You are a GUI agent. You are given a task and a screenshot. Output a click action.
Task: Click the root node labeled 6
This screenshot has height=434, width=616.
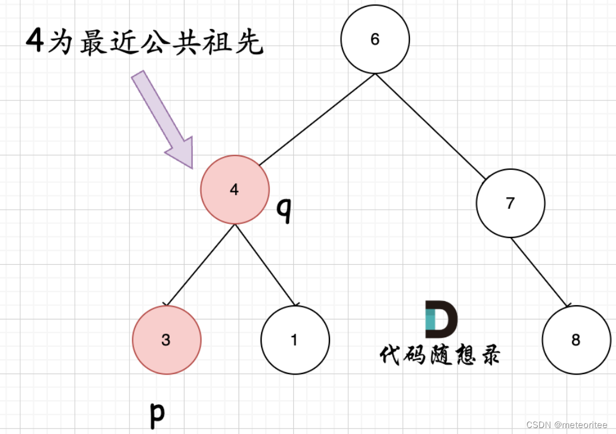pyautogui.click(x=375, y=39)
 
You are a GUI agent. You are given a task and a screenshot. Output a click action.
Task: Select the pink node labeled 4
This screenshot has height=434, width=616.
pyautogui.click(x=235, y=190)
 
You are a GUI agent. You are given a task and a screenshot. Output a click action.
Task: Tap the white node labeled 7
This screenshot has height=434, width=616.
pyautogui.click(x=510, y=203)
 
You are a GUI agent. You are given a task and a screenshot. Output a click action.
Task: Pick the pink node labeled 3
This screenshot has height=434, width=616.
pyautogui.click(x=167, y=340)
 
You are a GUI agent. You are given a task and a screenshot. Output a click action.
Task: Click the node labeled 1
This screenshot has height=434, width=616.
pyautogui.click(x=295, y=340)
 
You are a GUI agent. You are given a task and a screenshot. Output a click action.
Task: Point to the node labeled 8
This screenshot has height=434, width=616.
pyautogui.click(x=576, y=340)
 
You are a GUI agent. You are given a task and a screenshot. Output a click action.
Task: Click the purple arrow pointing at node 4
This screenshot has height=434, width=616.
pyautogui.click(x=163, y=119)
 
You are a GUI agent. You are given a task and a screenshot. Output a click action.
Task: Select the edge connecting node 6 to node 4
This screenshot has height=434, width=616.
pyautogui.click(x=317, y=119)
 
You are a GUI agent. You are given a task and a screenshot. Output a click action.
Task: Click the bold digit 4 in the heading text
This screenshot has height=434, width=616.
pyautogui.click(x=35, y=43)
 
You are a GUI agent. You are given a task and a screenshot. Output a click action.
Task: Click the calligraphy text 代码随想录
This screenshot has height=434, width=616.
pyautogui.click(x=440, y=354)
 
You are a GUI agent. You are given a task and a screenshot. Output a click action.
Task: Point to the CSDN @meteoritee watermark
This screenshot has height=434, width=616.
pyautogui.click(x=567, y=425)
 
